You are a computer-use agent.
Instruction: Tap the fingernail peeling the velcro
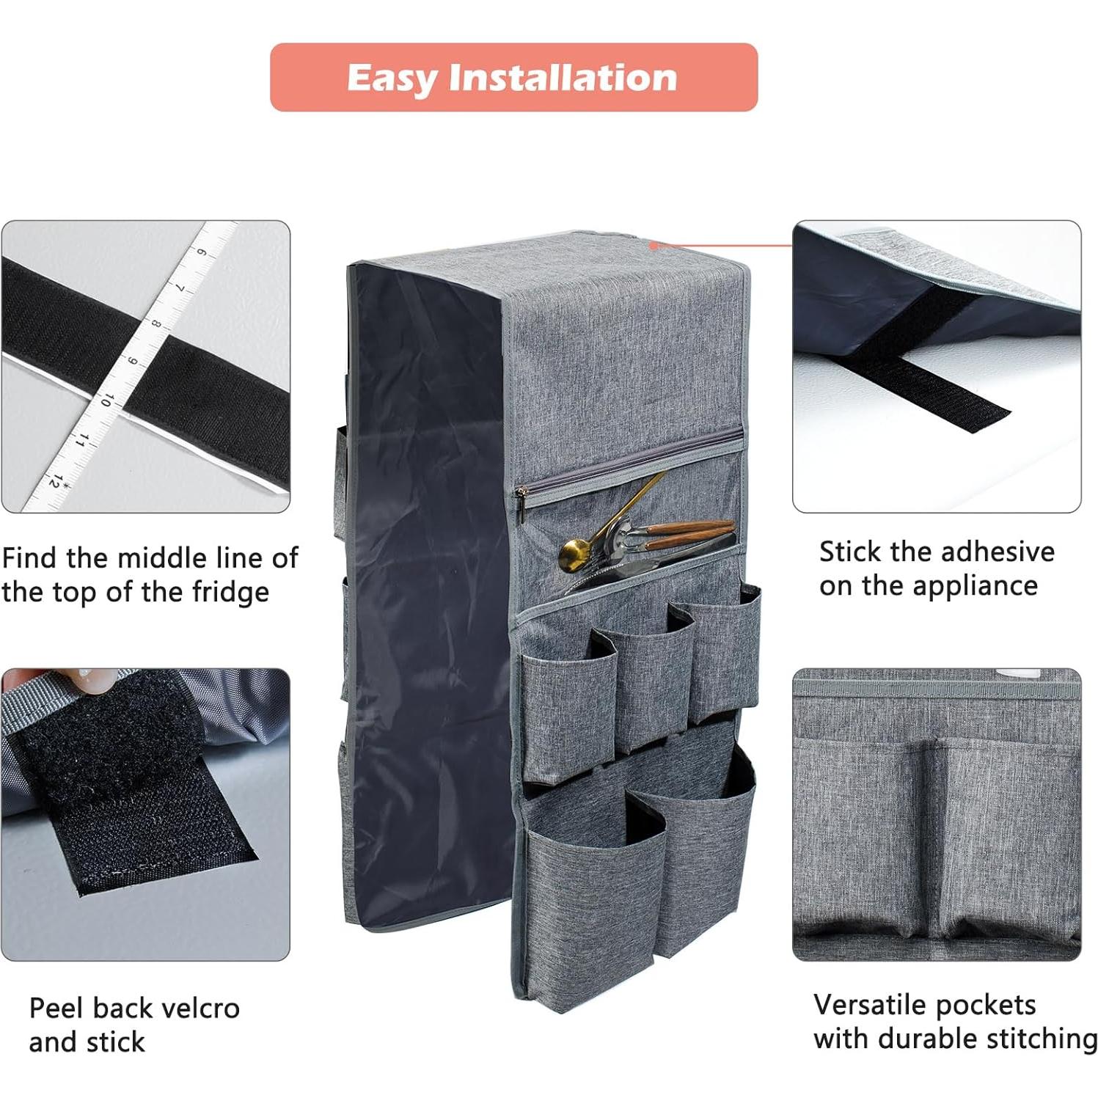coord(91,681)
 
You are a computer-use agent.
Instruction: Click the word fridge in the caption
coord(230,592)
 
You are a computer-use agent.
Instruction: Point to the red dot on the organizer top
coord(653,246)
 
